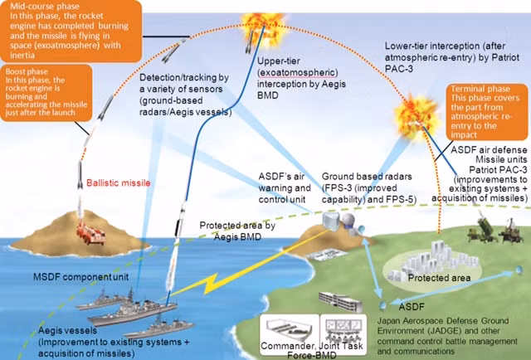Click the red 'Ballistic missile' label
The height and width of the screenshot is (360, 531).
point(118,182)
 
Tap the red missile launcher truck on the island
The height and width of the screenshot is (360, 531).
point(90,232)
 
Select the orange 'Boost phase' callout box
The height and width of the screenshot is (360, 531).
point(46,92)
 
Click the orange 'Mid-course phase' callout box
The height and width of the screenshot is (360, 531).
point(71,31)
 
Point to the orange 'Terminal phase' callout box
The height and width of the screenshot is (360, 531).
point(487,112)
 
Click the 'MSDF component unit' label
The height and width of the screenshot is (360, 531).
point(81,277)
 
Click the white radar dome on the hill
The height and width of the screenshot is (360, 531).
point(348,220)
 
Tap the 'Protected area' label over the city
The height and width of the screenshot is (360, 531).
point(439,278)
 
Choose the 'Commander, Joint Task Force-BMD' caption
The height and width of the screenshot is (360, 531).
point(312,351)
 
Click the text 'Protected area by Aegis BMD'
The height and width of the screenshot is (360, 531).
point(237,231)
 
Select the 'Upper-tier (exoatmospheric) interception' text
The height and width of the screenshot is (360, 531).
point(301,78)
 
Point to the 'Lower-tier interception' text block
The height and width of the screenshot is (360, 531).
point(451,57)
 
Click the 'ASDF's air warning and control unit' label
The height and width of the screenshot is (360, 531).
point(285,188)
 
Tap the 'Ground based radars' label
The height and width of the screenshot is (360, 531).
point(368,188)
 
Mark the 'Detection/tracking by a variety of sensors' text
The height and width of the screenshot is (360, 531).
point(186,95)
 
